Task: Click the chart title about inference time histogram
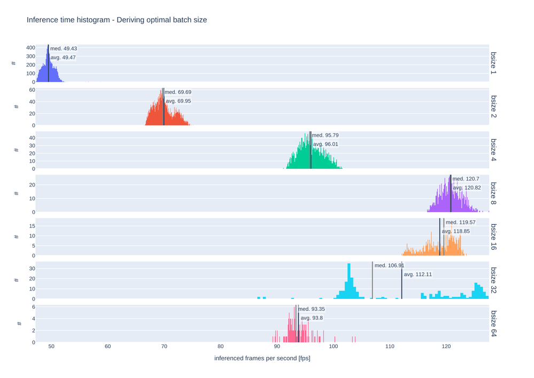[x=117, y=20]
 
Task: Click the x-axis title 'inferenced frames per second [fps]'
[x=262, y=358]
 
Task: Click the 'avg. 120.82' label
[x=467, y=188]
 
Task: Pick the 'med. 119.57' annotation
[x=460, y=222]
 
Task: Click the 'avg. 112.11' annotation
[x=417, y=274]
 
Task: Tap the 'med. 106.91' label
[x=389, y=265]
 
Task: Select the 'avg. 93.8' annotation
[x=312, y=318]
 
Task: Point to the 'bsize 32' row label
[x=494, y=280]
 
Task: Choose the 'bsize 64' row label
[x=494, y=324]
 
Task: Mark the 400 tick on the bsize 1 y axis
[x=30, y=48]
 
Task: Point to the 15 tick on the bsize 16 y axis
[x=32, y=226]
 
